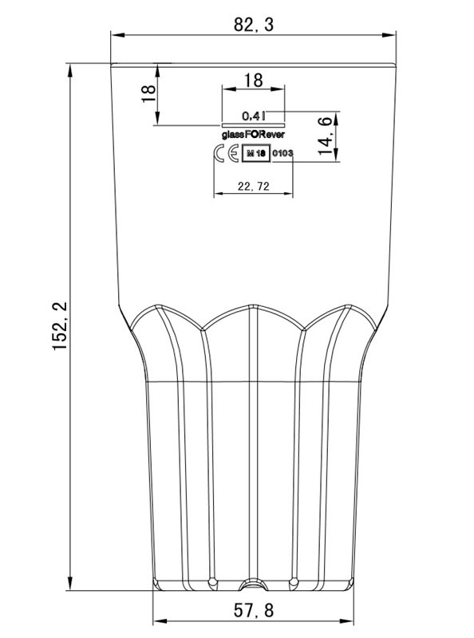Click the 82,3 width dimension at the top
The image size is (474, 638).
tap(253, 25)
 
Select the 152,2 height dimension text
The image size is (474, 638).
tap(60, 326)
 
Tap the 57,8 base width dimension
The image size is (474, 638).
tap(253, 610)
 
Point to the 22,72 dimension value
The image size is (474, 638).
tap(253, 187)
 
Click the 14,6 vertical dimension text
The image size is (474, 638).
tap(325, 136)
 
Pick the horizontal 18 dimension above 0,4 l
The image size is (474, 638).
tap(253, 81)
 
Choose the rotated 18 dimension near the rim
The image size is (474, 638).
tap(148, 94)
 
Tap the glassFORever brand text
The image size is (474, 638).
tap(253, 134)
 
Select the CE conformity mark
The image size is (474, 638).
tap(226, 153)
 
